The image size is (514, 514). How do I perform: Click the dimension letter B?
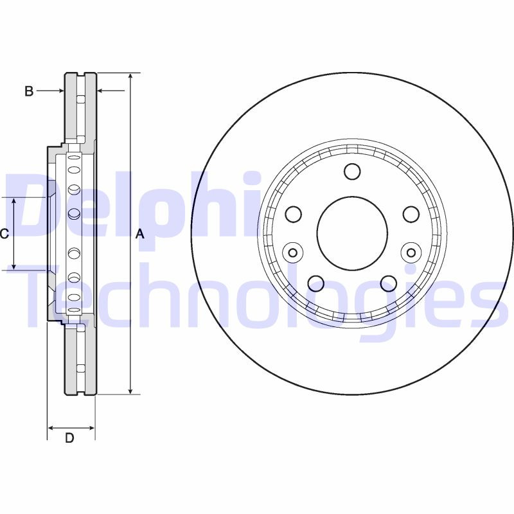28,91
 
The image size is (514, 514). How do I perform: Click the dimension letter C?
4,234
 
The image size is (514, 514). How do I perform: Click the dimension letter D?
69,438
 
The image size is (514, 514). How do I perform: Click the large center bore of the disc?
352,231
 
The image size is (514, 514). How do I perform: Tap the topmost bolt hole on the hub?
352,171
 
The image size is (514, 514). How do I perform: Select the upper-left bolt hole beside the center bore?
293,213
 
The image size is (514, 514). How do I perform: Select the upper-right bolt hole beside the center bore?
411,213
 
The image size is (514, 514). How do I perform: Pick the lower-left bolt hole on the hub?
316,283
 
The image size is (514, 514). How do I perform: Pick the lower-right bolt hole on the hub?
389,283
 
